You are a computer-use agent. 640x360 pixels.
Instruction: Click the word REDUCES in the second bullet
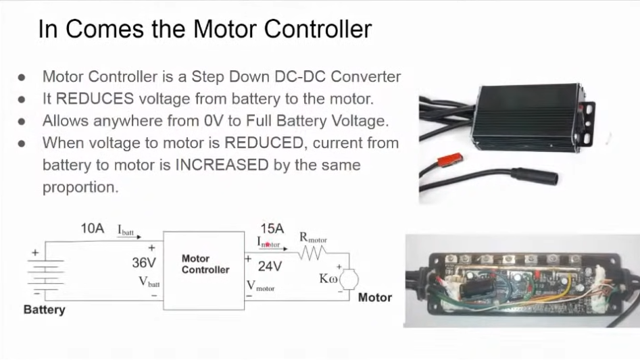click(x=95, y=99)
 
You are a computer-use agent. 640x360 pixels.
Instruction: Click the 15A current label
click(x=272, y=229)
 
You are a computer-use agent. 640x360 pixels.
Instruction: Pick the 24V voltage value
click(x=270, y=267)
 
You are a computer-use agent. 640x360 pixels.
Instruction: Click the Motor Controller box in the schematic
click(x=204, y=270)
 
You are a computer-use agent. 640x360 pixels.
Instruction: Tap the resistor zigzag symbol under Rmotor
click(x=313, y=253)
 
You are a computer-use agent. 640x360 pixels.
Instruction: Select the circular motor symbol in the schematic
click(x=349, y=278)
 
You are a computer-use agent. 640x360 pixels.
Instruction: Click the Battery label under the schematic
click(x=45, y=310)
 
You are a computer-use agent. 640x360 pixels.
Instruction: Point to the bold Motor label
click(x=374, y=297)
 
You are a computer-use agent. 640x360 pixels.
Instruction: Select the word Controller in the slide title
click(x=317, y=29)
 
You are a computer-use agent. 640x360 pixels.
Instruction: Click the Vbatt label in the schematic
click(x=149, y=282)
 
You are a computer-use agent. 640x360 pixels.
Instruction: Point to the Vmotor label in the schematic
click(x=261, y=286)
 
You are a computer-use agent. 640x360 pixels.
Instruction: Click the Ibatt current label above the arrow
click(x=126, y=230)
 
